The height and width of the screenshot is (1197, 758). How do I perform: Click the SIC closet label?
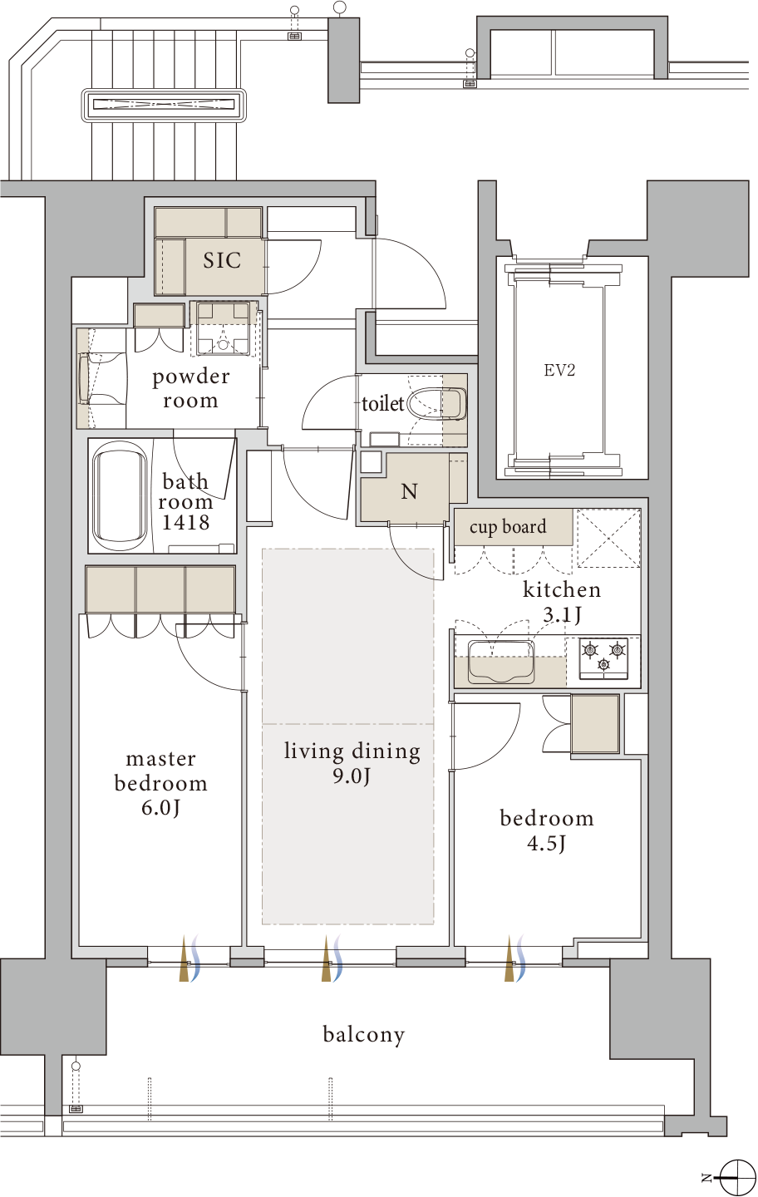(222, 260)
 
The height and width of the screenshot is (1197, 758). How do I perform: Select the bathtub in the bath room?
(120, 497)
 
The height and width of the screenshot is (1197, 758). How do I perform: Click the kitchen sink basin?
(501, 662)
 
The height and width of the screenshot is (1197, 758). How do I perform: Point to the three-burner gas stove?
(603, 657)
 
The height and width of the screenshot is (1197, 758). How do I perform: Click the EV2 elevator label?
(559, 371)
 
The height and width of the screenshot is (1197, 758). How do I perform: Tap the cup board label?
(508, 527)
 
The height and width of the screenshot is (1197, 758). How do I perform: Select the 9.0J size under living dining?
(352, 776)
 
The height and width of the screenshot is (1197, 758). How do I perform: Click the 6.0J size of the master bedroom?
(160, 808)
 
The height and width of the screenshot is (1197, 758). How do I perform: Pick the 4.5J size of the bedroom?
(546, 844)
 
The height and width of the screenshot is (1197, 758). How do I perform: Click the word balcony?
(364, 1035)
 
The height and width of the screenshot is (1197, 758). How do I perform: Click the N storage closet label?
(409, 491)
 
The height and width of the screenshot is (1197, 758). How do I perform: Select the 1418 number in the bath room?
(185, 522)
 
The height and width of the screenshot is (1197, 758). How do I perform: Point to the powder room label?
(190, 388)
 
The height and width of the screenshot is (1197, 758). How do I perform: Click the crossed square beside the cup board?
(608, 538)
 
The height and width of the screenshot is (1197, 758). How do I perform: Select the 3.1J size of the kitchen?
(562, 616)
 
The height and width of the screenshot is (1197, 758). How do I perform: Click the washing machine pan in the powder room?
(224, 328)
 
